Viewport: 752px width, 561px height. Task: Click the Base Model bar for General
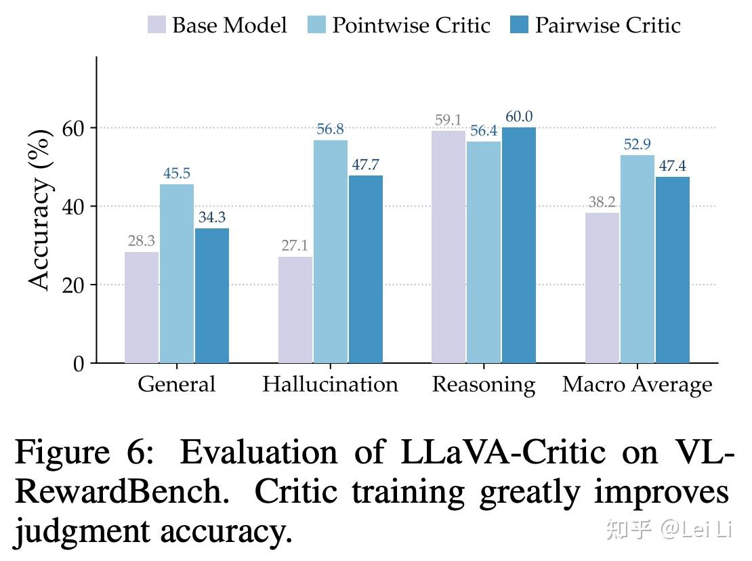tap(142, 308)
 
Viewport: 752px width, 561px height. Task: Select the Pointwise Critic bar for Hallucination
tap(330, 251)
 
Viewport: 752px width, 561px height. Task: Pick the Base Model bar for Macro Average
tap(602, 288)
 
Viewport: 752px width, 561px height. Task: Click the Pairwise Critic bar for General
tap(212, 295)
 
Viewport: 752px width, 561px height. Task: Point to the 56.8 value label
tap(330, 129)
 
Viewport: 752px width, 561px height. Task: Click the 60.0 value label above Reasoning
tap(518, 117)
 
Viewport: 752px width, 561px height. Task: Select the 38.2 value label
tap(602, 202)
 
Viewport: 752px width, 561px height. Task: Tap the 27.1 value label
tap(295, 246)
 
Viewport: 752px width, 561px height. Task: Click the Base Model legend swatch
tap(156, 26)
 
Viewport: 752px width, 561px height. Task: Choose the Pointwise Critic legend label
tap(411, 26)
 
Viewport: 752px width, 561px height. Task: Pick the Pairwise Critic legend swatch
tap(519, 26)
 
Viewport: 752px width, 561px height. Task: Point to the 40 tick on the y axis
tap(75, 207)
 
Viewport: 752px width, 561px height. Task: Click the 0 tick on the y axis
tap(79, 364)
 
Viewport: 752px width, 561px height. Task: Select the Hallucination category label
tap(330, 385)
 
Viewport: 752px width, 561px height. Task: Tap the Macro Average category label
tap(637, 385)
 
